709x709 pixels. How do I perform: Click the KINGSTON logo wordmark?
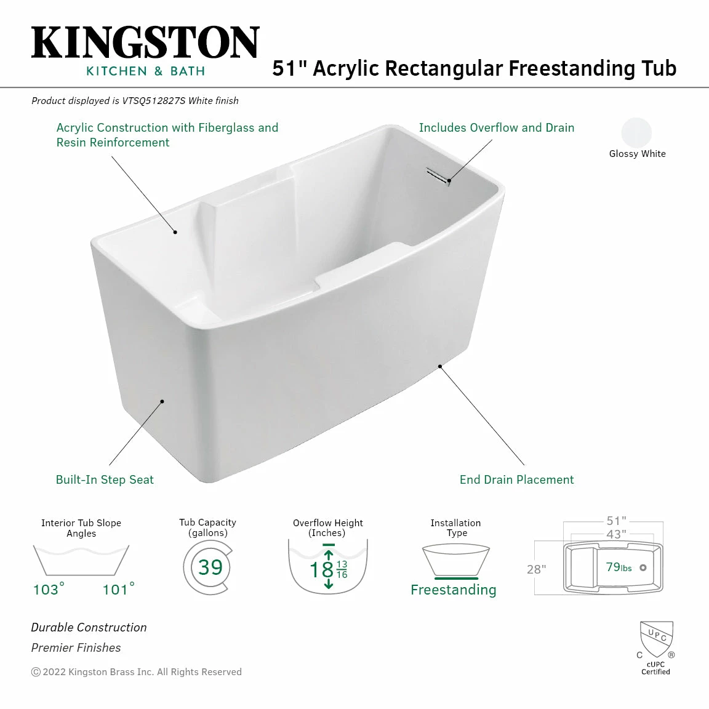(x=145, y=43)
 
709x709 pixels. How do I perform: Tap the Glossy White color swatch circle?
(x=636, y=132)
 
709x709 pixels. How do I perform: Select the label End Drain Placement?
(x=516, y=479)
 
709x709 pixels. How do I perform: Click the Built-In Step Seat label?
(x=105, y=479)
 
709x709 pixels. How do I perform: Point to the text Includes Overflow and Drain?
(x=496, y=127)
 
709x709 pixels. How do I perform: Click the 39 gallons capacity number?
(x=210, y=567)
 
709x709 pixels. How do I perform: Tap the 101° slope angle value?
(x=118, y=590)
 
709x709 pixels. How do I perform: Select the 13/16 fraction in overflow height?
(x=342, y=569)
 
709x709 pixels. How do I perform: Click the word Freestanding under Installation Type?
(x=453, y=590)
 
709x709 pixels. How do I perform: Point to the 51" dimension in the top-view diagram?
(x=616, y=521)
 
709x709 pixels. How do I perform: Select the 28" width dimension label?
(x=536, y=569)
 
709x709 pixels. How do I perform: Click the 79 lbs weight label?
(x=619, y=567)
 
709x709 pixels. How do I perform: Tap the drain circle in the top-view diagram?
(x=643, y=567)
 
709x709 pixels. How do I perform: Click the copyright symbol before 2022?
(x=36, y=672)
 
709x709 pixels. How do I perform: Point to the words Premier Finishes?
(x=76, y=647)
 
